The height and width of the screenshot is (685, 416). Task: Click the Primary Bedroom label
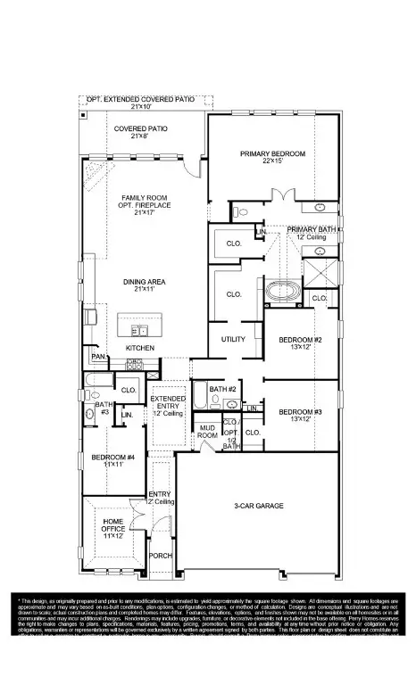(x=272, y=153)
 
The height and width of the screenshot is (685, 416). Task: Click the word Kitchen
(x=139, y=347)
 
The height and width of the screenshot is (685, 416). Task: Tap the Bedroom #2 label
(x=299, y=340)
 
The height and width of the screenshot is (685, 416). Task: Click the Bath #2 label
(x=221, y=389)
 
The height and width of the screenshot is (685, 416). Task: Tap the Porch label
(x=161, y=555)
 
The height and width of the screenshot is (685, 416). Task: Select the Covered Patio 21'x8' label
(x=136, y=128)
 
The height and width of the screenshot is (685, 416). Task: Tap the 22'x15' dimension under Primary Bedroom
(x=272, y=162)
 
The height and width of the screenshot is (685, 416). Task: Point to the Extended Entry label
(x=168, y=403)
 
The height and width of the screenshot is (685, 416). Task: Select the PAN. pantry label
(x=98, y=358)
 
